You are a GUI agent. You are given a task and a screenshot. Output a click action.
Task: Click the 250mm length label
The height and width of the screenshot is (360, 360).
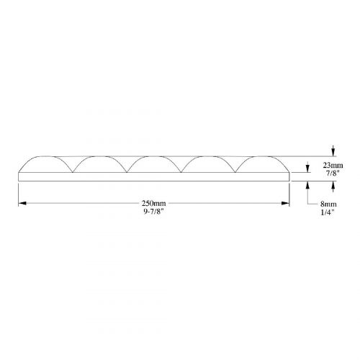click(153, 204)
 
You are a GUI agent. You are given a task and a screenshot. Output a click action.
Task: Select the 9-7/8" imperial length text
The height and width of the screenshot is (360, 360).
click(153, 212)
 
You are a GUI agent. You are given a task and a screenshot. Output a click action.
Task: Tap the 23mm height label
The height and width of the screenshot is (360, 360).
click(333, 166)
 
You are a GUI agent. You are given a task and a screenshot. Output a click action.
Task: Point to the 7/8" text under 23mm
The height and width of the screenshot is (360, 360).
click(333, 174)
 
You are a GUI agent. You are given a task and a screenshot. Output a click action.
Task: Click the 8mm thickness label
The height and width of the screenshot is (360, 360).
click(328, 204)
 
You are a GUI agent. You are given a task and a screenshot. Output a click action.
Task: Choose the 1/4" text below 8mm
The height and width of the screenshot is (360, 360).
click(328, 212)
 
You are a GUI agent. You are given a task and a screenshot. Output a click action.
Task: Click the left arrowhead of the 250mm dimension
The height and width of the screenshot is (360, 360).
click(22, 203)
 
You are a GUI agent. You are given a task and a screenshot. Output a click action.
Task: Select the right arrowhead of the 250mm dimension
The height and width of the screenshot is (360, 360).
click(286, 203)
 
